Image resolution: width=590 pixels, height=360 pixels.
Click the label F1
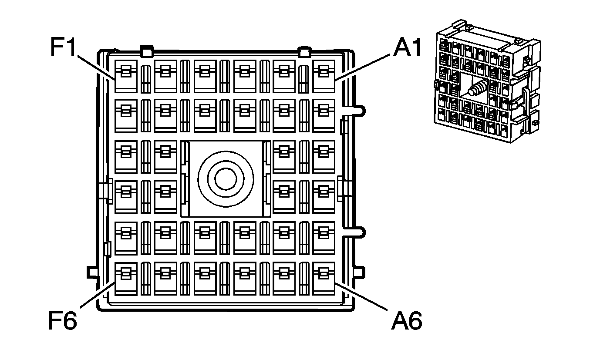click(x=64, y=47)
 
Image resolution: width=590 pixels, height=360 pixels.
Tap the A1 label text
click(x=408, y=47)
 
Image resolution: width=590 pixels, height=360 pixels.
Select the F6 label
click(x=62, y=321)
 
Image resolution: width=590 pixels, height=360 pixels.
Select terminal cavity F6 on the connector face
click(x=126, y=278)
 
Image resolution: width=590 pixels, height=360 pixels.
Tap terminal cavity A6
click(x=324, y=278)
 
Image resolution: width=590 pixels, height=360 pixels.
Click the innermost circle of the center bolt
click(x=226, y=178)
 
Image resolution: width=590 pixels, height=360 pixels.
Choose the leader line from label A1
click(x=363, y=66)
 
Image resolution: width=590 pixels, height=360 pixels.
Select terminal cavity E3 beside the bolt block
click(x=165, y=156)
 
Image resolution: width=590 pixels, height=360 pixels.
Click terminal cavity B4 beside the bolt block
click(x=284, y=196)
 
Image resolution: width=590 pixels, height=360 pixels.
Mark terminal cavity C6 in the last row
click(x=245, y=278)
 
